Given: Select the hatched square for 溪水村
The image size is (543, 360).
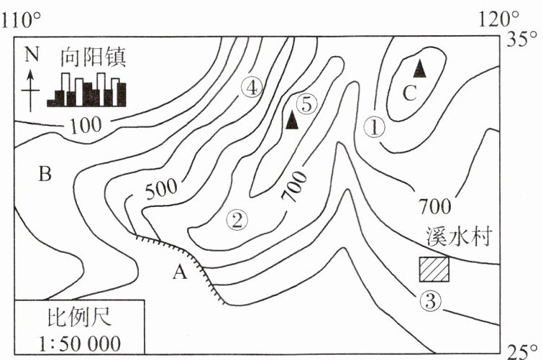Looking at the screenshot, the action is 434,269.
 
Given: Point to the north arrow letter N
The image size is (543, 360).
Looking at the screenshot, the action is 29,55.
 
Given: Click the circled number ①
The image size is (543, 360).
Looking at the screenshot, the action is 375,127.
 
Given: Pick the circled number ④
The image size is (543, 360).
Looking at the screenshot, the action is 251,88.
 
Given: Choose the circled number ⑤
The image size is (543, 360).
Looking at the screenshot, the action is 307,103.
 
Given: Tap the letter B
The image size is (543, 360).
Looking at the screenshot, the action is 45,175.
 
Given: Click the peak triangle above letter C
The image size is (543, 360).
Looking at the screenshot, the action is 420,68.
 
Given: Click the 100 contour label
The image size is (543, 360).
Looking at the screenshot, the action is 86,125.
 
